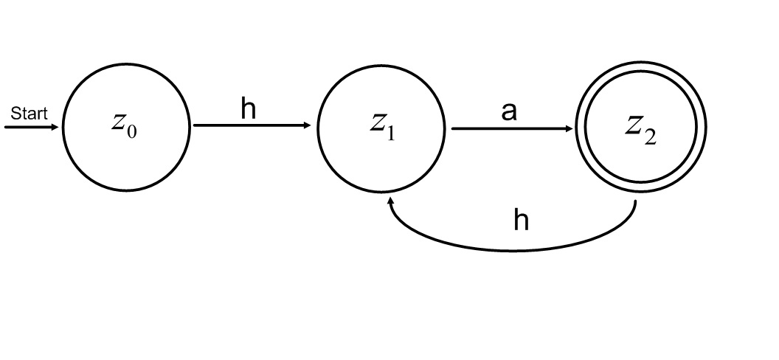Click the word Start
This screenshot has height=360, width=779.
pyautogui.click(x=28, y=114)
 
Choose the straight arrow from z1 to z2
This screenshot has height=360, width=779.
pyautogui.click(x=509, y=128)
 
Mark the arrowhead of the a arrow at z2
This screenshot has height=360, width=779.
pyautogui.click(x=569, y=128)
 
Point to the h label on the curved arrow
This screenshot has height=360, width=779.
pyautogui.click(x=521, y=220)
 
